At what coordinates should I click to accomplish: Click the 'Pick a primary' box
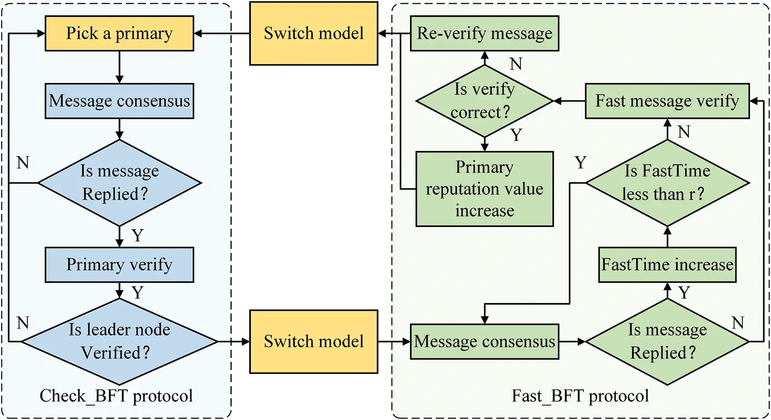(119, 34)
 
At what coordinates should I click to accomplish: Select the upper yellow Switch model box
(313, 34)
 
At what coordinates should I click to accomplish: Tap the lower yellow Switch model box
(313, 341)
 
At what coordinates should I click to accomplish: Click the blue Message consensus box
(119, 101)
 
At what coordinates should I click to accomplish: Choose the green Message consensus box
(484, 341)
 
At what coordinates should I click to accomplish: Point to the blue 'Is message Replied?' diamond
(119, 182)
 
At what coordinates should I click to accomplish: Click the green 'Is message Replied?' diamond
(667, 341)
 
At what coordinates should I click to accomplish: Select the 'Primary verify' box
(119, 265)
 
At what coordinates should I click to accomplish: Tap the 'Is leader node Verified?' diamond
(119, 341)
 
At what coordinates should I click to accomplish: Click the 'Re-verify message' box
(484, 34)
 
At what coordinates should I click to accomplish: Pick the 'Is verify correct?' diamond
(484, 101)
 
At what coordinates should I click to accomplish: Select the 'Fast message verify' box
(667, 101)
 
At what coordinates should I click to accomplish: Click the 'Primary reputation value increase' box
(484, 189)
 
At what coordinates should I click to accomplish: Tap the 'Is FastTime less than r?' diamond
(667, 182)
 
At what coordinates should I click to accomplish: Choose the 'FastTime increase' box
(667, 265)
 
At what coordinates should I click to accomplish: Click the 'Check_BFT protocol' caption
(116, 396)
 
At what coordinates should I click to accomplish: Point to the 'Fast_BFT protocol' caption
(580, 396)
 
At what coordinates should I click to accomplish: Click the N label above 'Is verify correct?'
(515, 64)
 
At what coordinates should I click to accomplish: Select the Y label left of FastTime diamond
(580, 163)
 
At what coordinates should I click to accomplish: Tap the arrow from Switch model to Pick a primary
(222, 34)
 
